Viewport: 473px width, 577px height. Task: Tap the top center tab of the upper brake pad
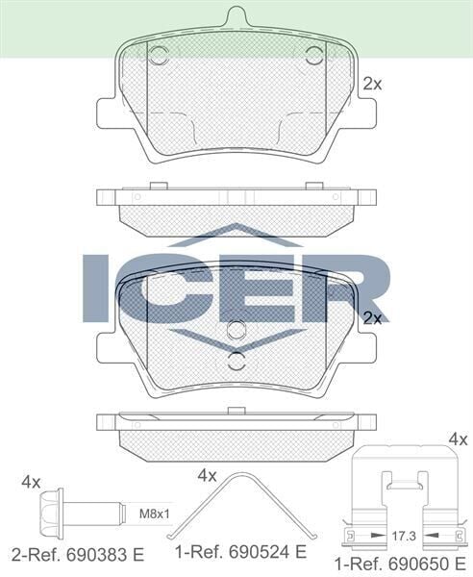236,17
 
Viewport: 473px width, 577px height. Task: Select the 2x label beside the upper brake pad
372,85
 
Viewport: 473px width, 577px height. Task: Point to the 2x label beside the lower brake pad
372,318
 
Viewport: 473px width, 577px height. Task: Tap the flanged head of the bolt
52,509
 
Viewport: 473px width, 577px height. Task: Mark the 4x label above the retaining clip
458,439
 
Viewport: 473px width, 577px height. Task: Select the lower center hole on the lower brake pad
237,362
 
